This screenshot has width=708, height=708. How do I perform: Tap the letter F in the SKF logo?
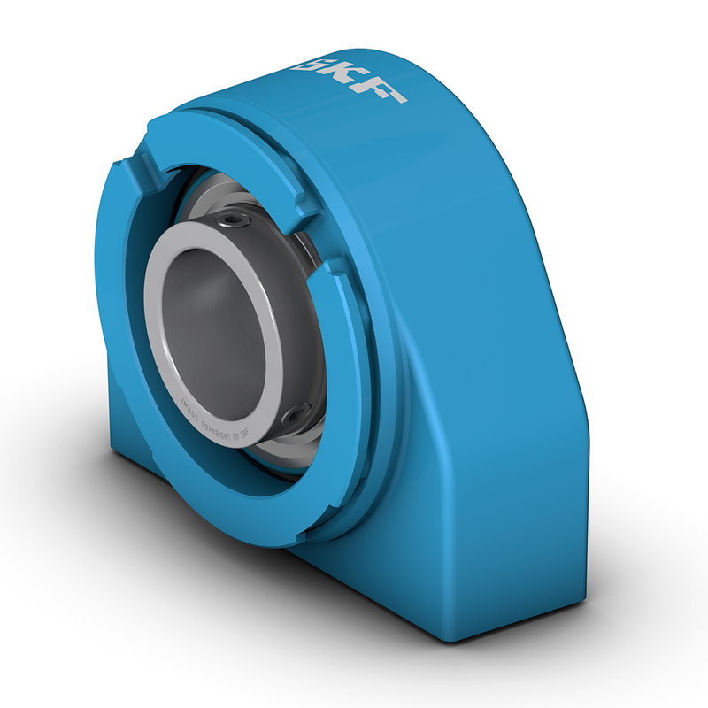click(387, 91)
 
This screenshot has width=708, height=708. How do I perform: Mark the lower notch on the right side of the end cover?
click(334, 263)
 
